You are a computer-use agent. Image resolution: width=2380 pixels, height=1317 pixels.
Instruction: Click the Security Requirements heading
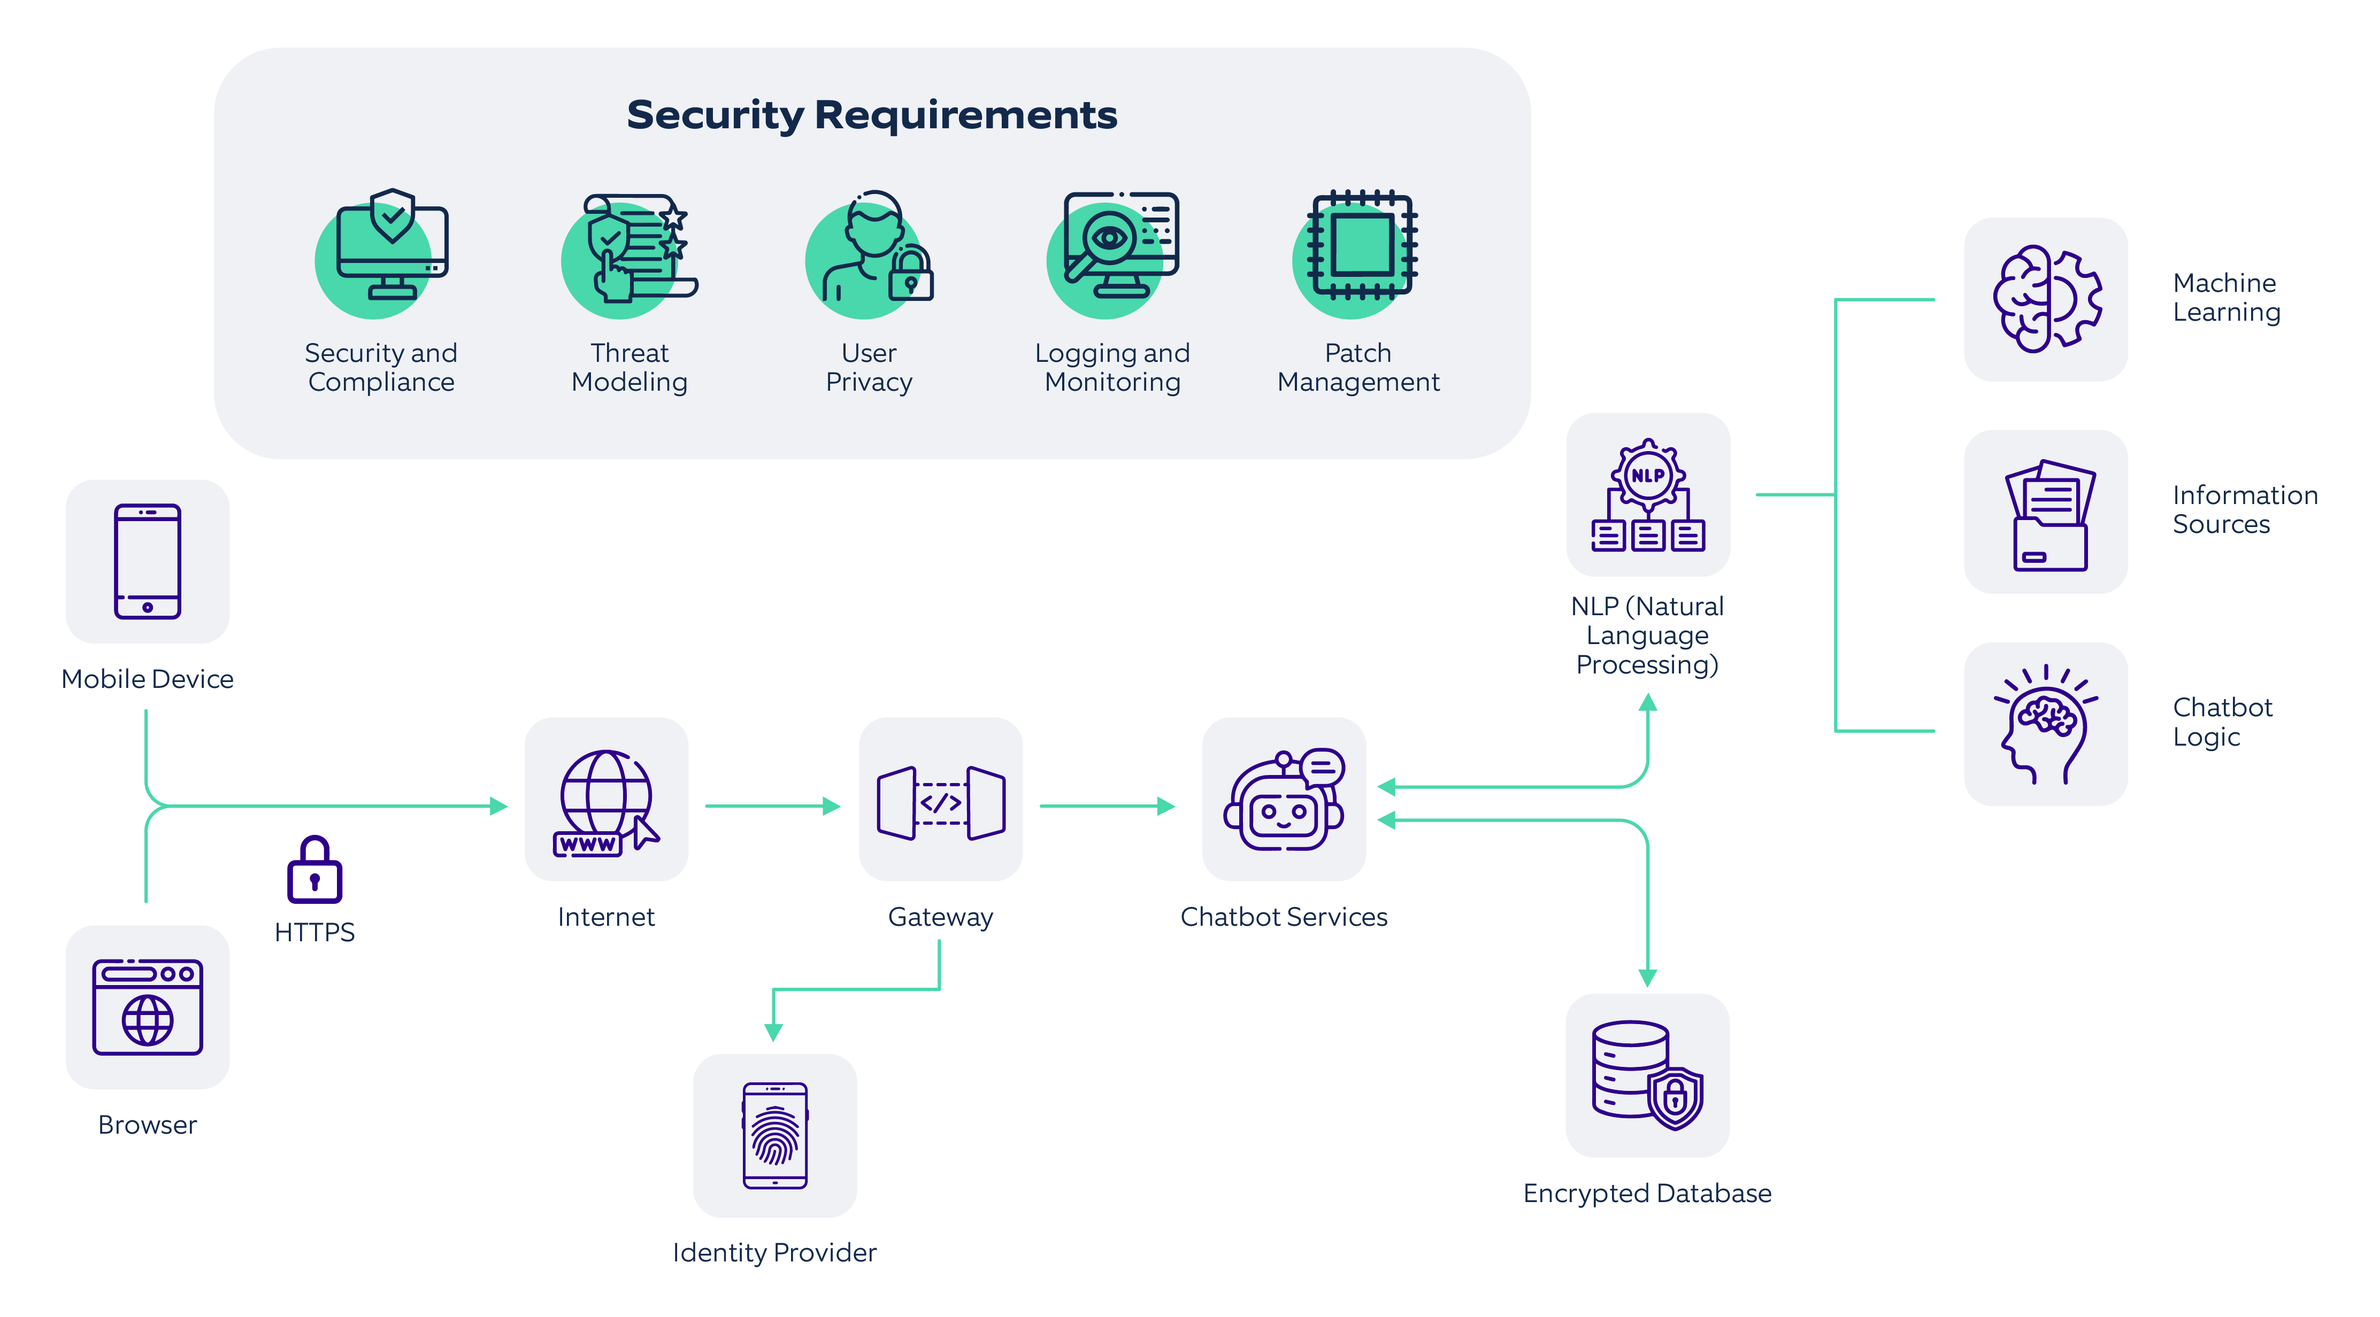coord(871,115)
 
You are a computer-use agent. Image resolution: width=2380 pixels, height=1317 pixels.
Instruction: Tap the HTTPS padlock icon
coord(314,870)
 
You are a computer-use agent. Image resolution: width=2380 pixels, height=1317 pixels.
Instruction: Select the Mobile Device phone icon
coord(148,561)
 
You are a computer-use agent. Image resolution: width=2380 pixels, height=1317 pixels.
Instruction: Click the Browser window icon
coord(148,1006)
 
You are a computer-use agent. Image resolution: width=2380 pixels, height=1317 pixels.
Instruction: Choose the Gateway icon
coord(941,802)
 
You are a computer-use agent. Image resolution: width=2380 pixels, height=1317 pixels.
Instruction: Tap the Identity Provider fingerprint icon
coord(775,1135)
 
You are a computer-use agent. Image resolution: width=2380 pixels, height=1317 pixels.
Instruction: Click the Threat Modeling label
coord(629,368)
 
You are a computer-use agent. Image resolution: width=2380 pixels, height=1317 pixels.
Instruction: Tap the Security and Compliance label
coord(381,368)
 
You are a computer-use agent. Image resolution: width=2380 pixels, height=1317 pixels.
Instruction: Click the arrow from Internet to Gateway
coord(772,806)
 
